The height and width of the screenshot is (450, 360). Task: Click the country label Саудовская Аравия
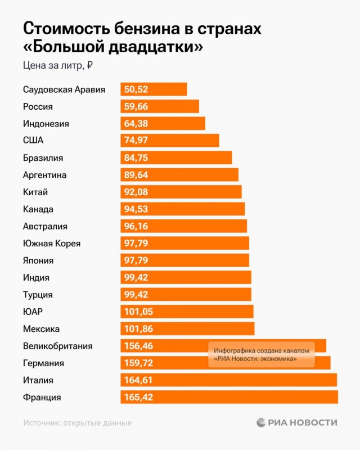pyautogui.click(x=64, y=89)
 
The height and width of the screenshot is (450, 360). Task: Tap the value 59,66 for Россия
pyautogui.click(x=136, y=106)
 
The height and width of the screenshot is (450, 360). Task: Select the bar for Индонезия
pyautogui.click(x=163, y=124)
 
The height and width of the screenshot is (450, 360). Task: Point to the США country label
pyautogui.click(x=33, y=141)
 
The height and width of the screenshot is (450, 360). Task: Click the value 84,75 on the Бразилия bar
pyautogui.click(x=136, y=158)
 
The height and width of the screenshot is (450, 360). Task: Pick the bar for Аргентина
pyautogui.click(x=179, y=175)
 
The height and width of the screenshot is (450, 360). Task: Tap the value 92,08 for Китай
pyautogui.click(x=136, y=192)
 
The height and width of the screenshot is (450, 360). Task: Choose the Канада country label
pyautogui.click(x=38, y=209)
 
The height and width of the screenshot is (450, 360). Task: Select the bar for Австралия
pyautogui.click(x=183, y=226)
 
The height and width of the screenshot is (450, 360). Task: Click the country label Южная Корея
pyautogui.click(x=52, y=244)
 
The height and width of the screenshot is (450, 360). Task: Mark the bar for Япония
pyautogui.click(x=184, y=260)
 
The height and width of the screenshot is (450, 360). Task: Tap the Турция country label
pyautogui.click(x=38, y=295)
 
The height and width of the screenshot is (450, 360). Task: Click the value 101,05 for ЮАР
pyautogui.click(x=138, y=312)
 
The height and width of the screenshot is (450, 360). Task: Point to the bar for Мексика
pyautogui.click(x=187, y=328)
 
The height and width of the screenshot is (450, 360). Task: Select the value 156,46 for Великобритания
pyautogui.click(x=138, y=346)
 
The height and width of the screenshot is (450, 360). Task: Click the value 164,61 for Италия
pyautogui.click(x=138, y=380)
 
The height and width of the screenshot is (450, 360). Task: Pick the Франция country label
pyautogui.click(x=42, y=397)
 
